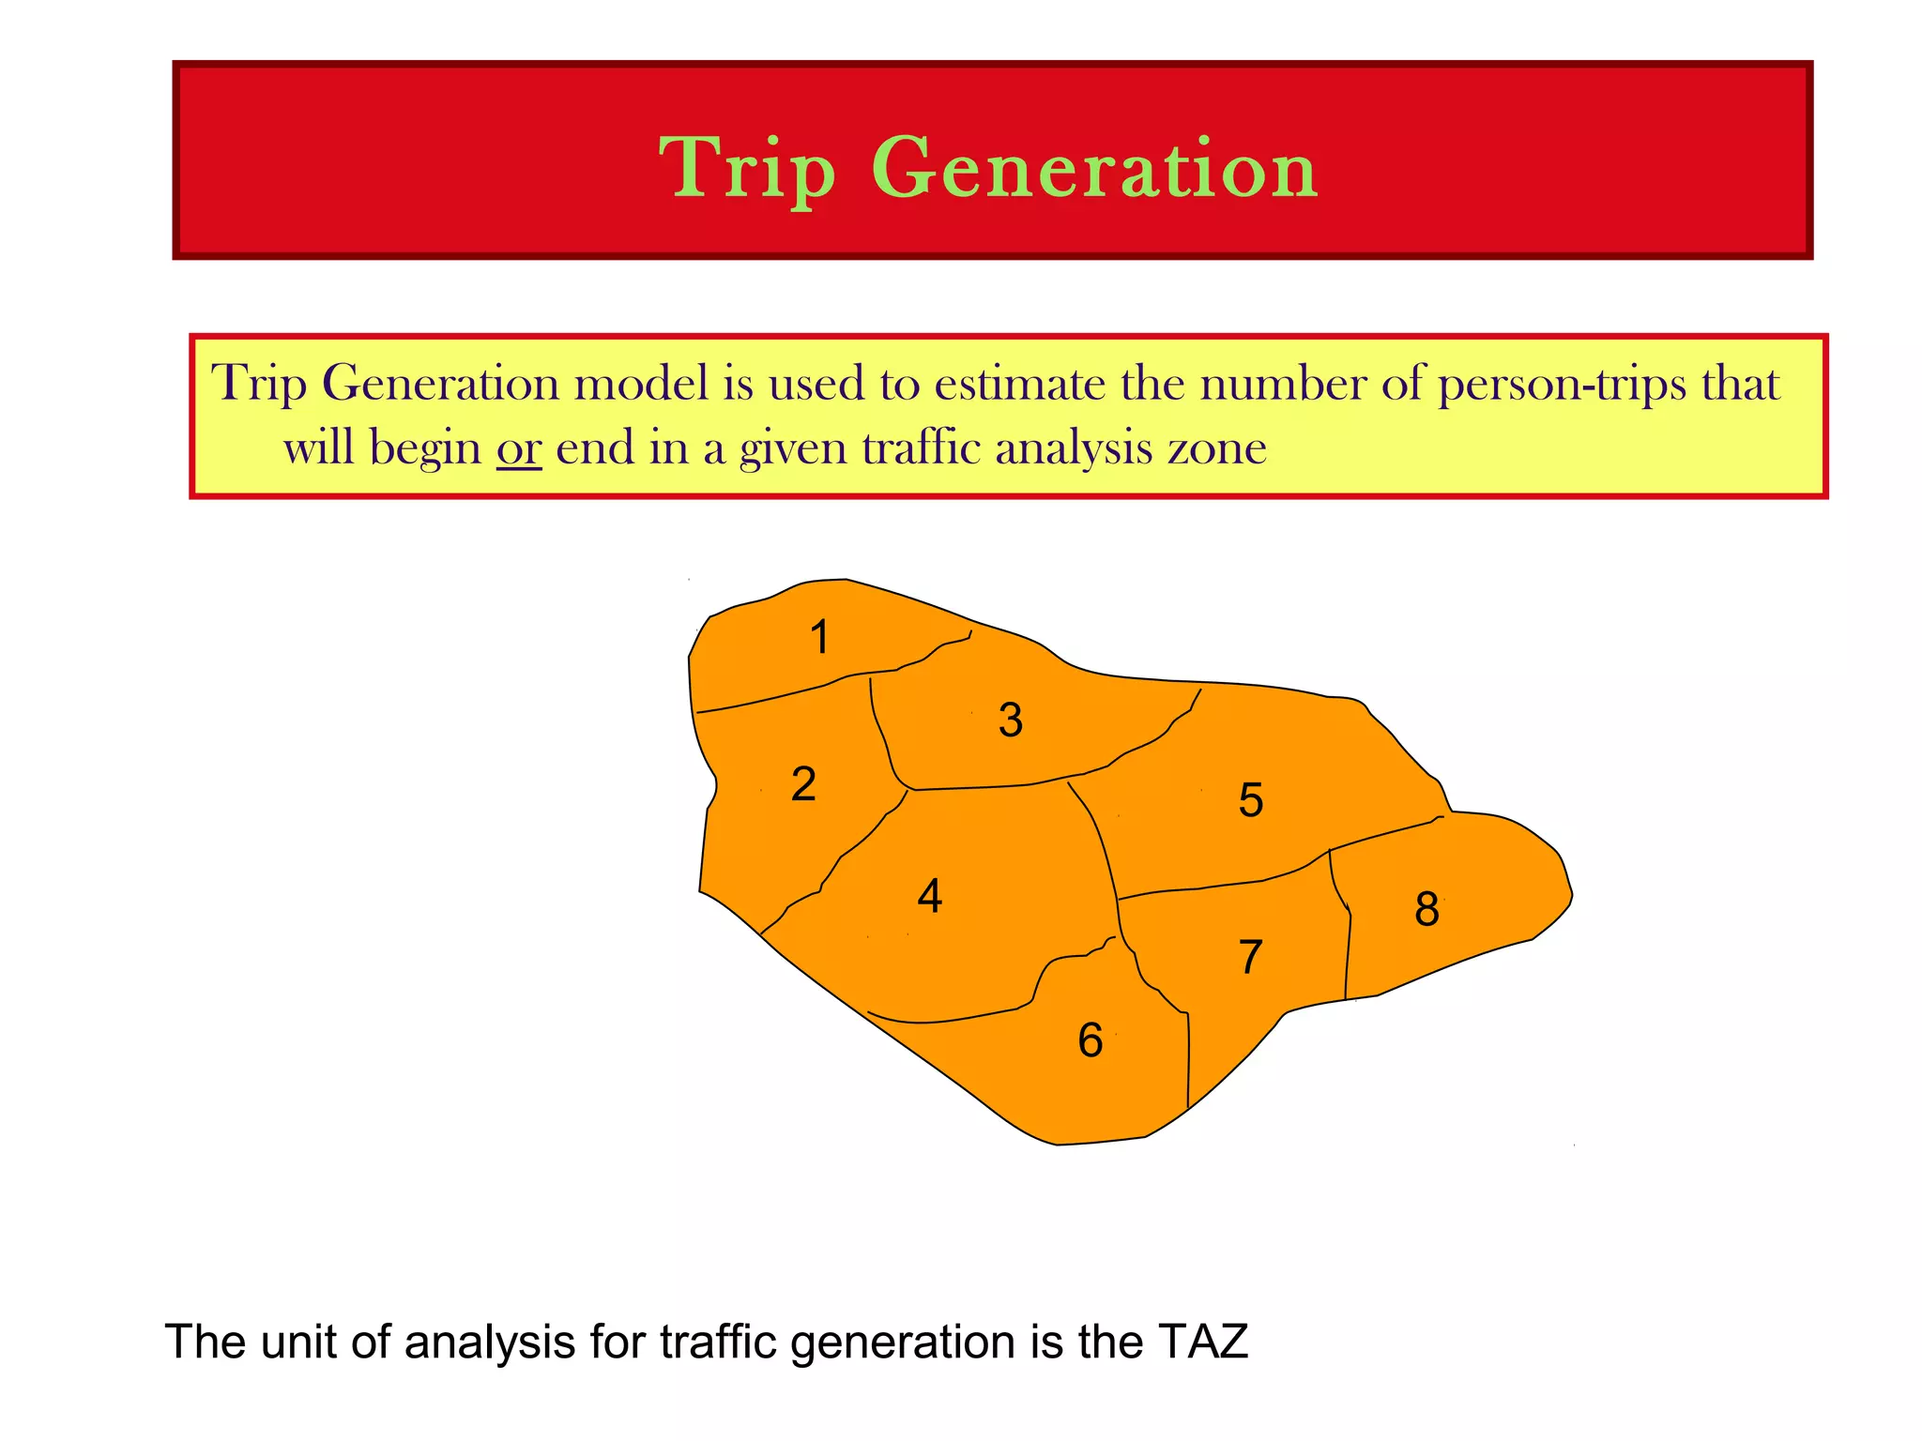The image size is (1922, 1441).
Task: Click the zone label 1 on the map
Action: [x=820, y=637]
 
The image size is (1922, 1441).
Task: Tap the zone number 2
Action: [x=803, y=783]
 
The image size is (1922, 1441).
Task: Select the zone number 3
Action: [x=1010, y=720]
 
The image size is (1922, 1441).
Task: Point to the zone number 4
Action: [x=929, y=896]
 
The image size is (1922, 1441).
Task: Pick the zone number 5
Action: [x=1250, y=799]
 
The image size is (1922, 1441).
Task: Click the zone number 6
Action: [x=1090, y=1040]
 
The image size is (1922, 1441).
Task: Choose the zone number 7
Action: [x=1250, y=957]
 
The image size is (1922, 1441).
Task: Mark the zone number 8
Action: [x=1426, y=909]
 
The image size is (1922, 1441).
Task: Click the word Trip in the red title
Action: [x=747, y=169]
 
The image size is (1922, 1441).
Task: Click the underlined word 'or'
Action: [x=519, y=447]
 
